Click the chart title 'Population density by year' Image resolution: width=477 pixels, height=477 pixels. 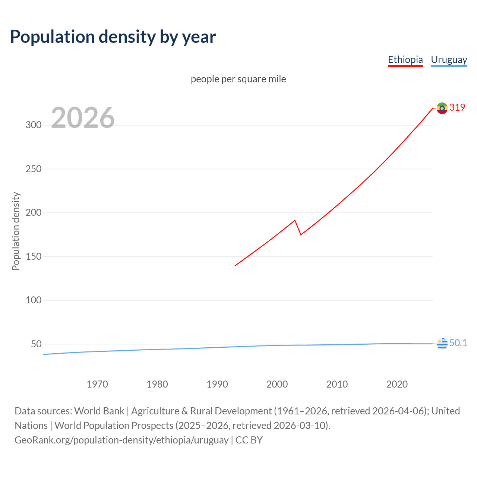113,37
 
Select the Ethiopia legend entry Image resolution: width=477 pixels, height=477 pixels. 405,60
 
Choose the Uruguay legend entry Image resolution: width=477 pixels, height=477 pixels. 449,60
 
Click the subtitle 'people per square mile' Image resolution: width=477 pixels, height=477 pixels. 238,79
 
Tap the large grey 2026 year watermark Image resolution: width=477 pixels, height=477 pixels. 83,118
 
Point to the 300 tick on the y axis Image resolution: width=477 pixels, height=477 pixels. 34,125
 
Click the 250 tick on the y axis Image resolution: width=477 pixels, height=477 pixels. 34,169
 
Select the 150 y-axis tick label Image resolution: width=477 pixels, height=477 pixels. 34,256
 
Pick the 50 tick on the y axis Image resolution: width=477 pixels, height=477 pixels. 36,344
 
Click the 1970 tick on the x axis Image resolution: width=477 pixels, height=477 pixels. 97,384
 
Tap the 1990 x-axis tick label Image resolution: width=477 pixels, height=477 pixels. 217,384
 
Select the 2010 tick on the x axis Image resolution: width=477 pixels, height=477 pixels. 337,384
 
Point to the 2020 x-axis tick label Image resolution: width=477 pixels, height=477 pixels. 397,384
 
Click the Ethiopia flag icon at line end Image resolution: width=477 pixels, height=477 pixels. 442,108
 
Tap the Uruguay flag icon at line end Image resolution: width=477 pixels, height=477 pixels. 442,343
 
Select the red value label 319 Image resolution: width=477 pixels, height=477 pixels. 457,107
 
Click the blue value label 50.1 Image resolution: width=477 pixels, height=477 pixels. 458,343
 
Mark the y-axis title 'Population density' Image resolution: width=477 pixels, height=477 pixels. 16,231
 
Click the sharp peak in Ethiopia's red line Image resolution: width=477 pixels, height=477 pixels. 295,220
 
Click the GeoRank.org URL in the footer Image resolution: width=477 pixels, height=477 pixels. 121,440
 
